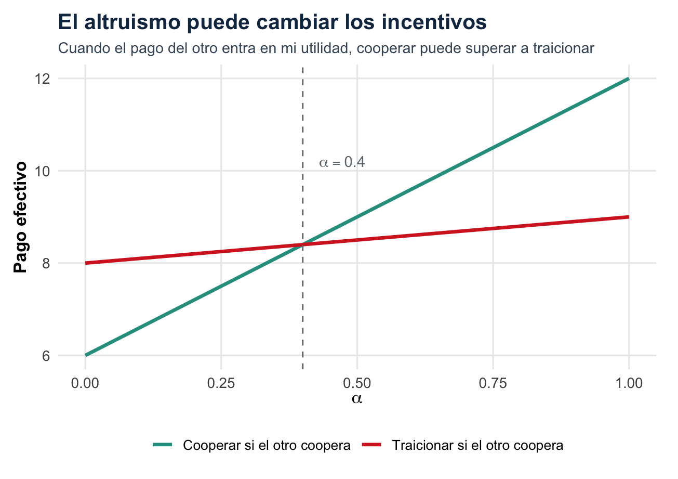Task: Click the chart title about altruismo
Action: [272, 22]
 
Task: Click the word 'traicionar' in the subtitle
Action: [564, 48]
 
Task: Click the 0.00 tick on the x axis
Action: [85, 384]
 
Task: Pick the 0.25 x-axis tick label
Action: [221, 384]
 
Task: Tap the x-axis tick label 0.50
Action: [357, 384]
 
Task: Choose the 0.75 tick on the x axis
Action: [493, 384]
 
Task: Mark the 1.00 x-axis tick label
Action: [629, 384]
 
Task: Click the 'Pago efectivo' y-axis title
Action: [21, 217]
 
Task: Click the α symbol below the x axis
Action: [357, 399]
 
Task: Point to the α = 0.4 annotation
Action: [342, 163]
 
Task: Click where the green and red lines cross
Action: [303, 244]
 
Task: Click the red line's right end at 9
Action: [629, 217]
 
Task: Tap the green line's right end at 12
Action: [629, 79]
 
